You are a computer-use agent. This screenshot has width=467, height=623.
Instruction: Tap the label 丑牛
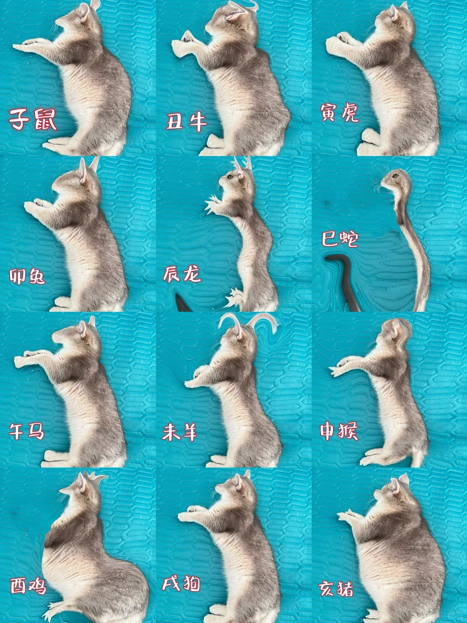click(x=186, y=122)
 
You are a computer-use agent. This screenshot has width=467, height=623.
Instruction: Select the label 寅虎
click(x=339, y=112)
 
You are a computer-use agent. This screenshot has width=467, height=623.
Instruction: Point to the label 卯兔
click(x=27, y=276)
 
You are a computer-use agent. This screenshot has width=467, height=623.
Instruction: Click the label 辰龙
click(x=182, y=274)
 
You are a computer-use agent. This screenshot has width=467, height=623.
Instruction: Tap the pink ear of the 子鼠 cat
click(x=84, y=13)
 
